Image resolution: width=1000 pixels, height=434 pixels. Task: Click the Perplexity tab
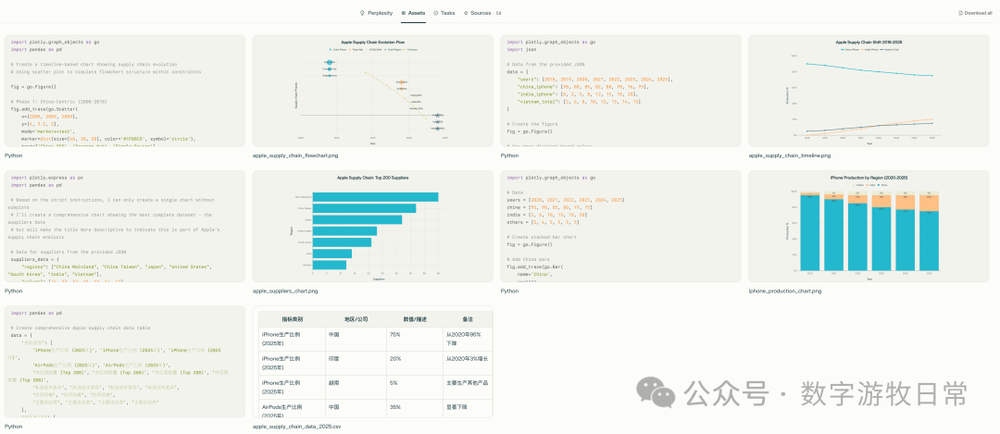pyautogui.click(x=379, y=13)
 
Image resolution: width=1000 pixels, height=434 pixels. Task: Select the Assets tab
pyautogui.click(x=413, y=13)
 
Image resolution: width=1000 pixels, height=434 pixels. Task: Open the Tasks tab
pyautogui.click(x=444, y=13)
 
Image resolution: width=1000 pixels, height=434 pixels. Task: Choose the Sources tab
pyautogui.click(x=481, y=13)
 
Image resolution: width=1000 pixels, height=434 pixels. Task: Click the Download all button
pyautogui.click(x=975, y=13)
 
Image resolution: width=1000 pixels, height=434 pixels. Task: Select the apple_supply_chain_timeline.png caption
pyautogui.click(x=789, y=155)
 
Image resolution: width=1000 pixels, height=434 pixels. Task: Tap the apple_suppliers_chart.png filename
pyautogui.click(x=285, y=291)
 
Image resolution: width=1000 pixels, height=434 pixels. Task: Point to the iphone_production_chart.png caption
pyautogui.click(x=784, y=291)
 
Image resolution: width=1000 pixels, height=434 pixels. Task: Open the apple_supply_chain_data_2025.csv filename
pyautogui.click(x=297, y=427)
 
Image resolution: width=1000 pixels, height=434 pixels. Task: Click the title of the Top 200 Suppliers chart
pyautogui.click(x=372, y=177)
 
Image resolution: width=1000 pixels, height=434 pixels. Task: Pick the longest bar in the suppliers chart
pyautogui.click(x=375, y=197)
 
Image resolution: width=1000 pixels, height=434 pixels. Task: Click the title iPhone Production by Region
pyautogui.click(x=868, y=177)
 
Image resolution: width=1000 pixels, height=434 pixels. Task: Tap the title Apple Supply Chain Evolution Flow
pyautogui.click(x=372, y=42)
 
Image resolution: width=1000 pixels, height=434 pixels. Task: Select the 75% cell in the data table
pyautogui.click(x=394, y=334)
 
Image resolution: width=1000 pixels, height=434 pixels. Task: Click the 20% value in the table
pyautogui.click(x=394, y=358)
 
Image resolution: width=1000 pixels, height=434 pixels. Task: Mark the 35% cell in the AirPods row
pyautogui.click(x=394, y=406)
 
